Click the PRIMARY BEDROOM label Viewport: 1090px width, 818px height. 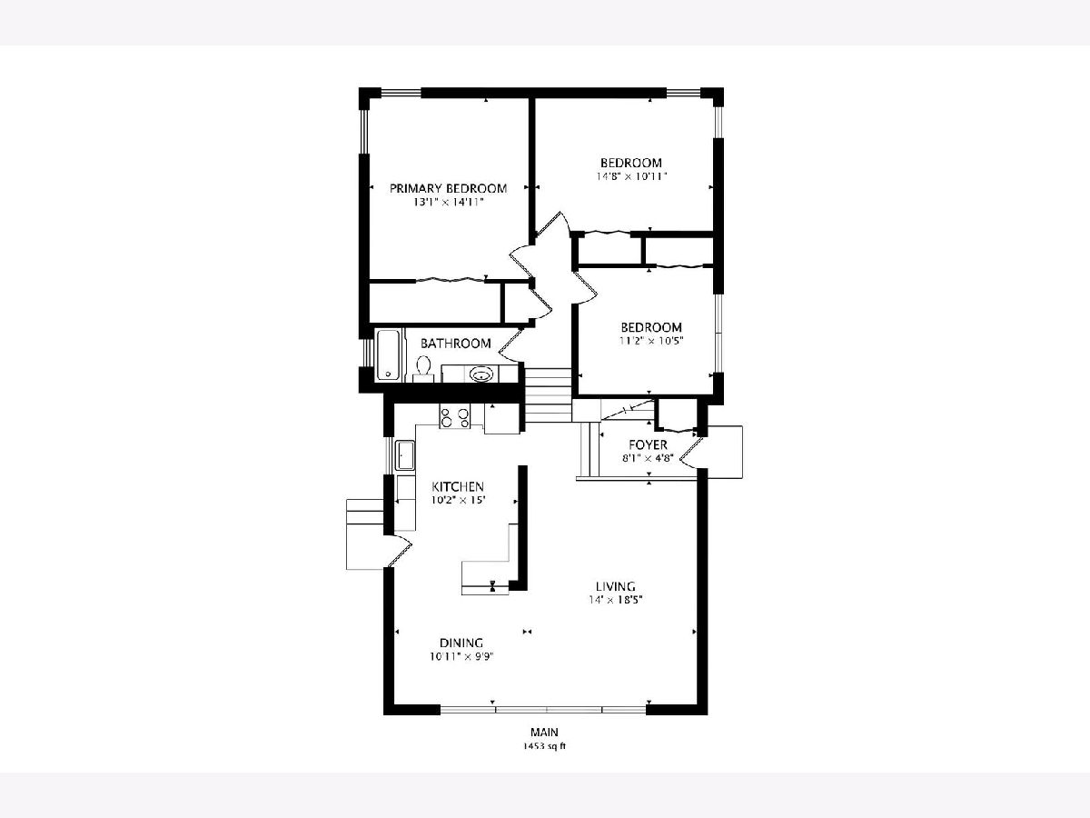448,188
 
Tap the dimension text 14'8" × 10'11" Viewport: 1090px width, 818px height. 631,176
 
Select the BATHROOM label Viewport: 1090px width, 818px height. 455,344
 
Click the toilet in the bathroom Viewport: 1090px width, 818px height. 423,370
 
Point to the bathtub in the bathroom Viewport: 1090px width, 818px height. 387,354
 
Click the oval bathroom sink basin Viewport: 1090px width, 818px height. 481,374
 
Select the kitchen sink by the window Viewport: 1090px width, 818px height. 405,455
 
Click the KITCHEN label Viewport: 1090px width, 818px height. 458,486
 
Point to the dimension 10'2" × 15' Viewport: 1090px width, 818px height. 458,500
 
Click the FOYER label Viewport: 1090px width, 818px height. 648,444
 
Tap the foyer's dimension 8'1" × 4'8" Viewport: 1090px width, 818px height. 648,458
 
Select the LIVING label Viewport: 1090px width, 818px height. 615,586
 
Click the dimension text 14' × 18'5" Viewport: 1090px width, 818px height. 615,600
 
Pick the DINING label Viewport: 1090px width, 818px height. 461,643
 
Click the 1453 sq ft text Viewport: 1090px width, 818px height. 544,746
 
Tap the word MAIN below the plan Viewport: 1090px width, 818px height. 544,732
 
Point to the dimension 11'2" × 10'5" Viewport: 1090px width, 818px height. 651,341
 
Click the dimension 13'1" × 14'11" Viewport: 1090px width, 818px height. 448,202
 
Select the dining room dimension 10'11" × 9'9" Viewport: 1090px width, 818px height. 461,656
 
